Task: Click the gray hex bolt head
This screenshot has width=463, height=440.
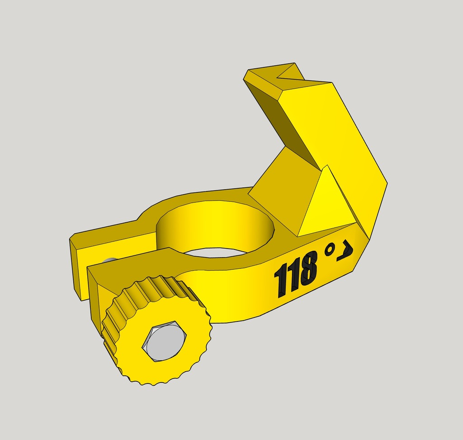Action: click(164, 341)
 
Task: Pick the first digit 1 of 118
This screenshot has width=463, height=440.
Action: click(280, 281)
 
